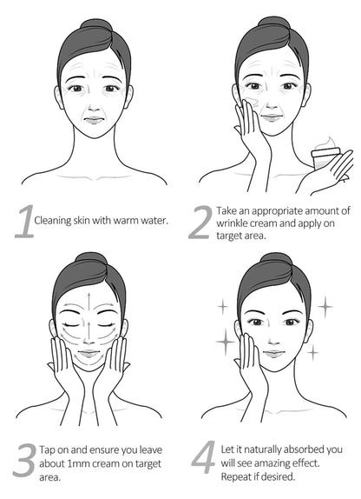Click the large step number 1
pyautogui.click(x=24, y=222)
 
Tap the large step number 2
pyautogui.click(x=200, y=223)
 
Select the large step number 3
pyautogui.click(x=24, y=460)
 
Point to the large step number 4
pyautogui.click(x=204, y=457)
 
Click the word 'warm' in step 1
pyautogui.click(x=126, y=220)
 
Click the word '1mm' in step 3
pyautogui.click(x=80, y=463)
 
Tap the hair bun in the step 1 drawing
pyautogui.click(x=95, y=24)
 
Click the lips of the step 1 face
pyautogui.click(x=94, y=120)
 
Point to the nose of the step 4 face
pyautogui.click(x=273, y=341)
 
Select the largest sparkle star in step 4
pyautogui.click(x=226, y=342)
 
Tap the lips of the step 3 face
pyautogui.click(x=89, y=353)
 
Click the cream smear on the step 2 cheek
pyautogui.click(x=253, y=102)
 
